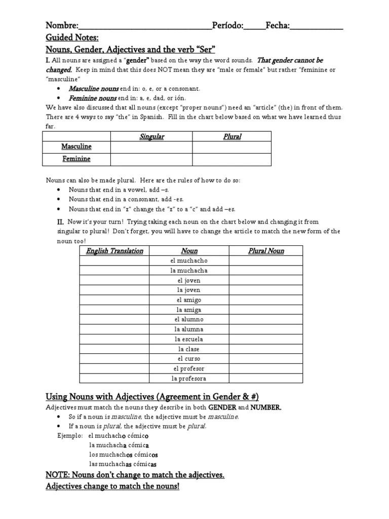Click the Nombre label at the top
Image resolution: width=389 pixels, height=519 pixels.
point(62,26)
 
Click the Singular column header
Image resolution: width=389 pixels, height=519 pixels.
point(151,136)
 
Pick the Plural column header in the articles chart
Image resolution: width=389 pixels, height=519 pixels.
point(232,136)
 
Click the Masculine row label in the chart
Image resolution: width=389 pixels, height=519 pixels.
point(76,146)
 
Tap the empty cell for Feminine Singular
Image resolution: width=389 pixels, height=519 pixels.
point(151,159)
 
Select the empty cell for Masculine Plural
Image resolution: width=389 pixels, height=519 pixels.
point(232,146)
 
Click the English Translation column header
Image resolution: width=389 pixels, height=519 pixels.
point(114,251)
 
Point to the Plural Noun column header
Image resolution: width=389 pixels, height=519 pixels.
point(266,251)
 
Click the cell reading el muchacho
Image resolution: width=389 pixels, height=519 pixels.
point(189,261)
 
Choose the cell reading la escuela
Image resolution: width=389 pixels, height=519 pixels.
point(189,339)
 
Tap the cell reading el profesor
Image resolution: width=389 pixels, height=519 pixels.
point(189,368)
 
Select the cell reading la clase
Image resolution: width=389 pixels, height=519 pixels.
point(189,349)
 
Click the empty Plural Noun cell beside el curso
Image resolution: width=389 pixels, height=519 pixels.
point(266,359)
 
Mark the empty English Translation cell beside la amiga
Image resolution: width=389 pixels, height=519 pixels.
point(114,310)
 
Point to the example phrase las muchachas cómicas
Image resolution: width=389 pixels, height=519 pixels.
point(123,464)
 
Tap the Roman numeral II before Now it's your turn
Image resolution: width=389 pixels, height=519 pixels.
point(60,221)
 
